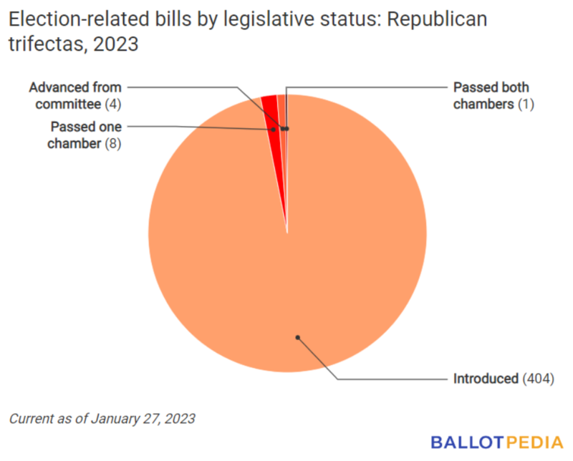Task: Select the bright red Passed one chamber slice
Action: click(270, 107)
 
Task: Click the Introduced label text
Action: click(486, 378)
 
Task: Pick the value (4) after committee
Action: click(113, 105)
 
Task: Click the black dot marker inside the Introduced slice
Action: click(297, 336)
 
